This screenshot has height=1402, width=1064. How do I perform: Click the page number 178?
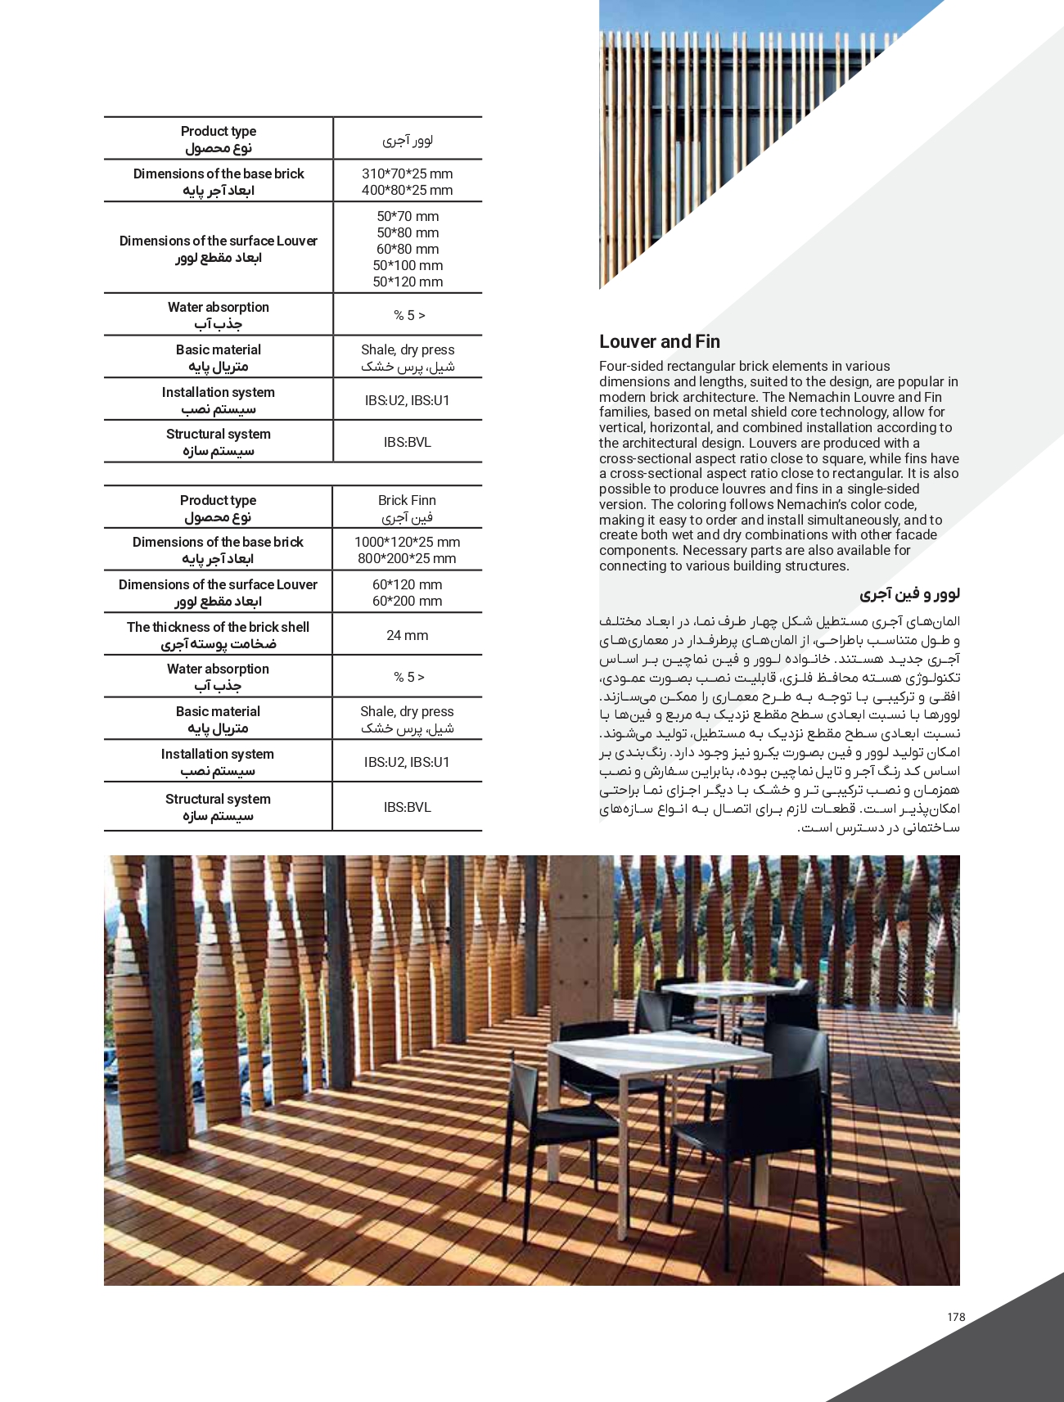(956, 1317)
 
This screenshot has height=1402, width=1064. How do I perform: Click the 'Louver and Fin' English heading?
(659, 342)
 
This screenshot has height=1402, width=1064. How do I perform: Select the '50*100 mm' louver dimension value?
(408, 265)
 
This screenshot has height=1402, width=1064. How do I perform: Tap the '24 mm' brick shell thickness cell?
(407, 635)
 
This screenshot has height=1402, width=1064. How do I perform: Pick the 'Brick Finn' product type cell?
(407, 500)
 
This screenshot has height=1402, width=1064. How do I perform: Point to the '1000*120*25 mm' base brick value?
(407, 542)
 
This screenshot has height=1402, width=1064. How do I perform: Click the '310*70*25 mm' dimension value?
(407, 174)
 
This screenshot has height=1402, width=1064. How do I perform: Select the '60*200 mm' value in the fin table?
(407, 601)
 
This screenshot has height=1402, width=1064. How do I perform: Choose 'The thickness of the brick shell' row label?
(218, 627)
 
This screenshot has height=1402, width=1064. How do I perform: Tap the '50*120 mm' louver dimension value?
(408, 282)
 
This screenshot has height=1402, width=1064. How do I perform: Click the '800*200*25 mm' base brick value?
(407, 558)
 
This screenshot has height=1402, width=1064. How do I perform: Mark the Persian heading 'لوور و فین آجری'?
(909, 593)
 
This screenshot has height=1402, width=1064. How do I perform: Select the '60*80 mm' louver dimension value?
(408, 249)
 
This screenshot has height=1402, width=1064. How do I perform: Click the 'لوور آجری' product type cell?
(407, 140)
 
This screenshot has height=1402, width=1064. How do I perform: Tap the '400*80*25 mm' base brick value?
(407, 190)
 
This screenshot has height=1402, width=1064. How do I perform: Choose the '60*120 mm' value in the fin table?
(407, 584)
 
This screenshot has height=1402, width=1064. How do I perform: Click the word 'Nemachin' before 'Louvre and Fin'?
(804, 397)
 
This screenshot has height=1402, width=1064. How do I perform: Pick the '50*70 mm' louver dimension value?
(408, 216)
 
